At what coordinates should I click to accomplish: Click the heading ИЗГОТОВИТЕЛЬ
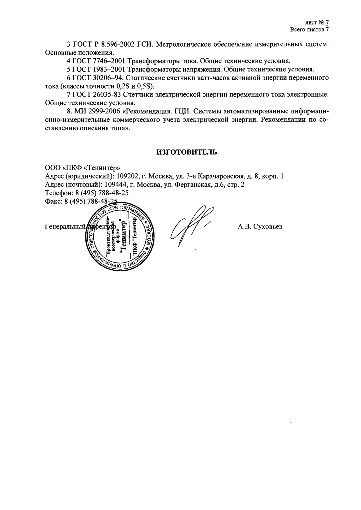pos(187,152)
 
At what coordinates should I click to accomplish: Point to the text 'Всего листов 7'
pos(309,30)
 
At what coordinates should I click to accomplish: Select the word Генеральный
pos(63,227)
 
